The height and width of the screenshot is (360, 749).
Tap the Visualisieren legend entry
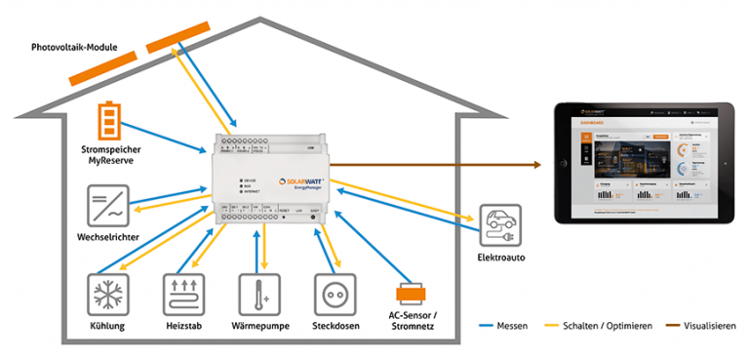(705, 326)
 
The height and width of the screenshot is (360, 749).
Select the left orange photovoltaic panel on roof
(102, 67)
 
